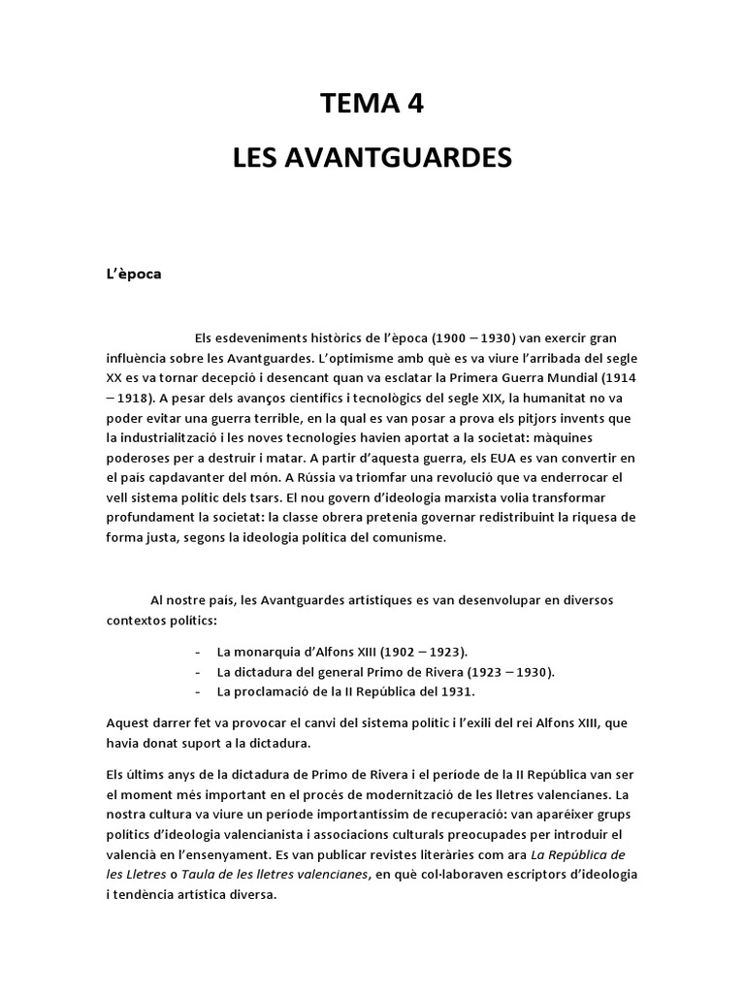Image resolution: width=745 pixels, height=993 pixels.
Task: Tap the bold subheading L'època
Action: [134, 273]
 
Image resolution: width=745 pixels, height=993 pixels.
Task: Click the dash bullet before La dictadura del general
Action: [199, 672]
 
